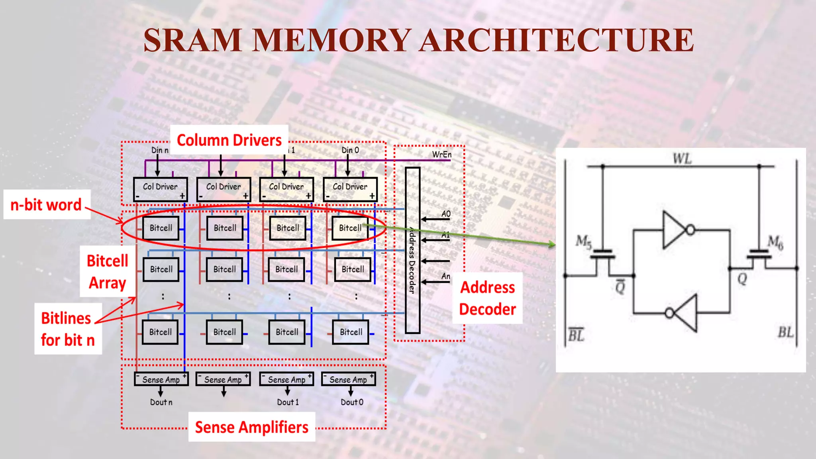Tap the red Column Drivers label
click(x=229, y=140)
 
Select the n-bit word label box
click(x=47, y=205)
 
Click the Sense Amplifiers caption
click(x=251, y=427)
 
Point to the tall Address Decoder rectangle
click(x=412, y=250)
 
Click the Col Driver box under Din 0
click(x=350, y=189)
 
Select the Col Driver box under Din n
click(x=160, y=189)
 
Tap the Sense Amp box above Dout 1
click(x=286, y=379)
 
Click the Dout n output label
click(x=161, y=402)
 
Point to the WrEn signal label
click(x=441, y=155)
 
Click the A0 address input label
click(x=446, y=214)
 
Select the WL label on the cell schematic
click(x=682, y=159)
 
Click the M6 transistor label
click(x=775, y=241)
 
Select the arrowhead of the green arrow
click(x=552, y=244)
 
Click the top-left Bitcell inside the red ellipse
click(x=161, y=228)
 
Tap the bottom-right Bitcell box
click(x=351, y=332)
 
